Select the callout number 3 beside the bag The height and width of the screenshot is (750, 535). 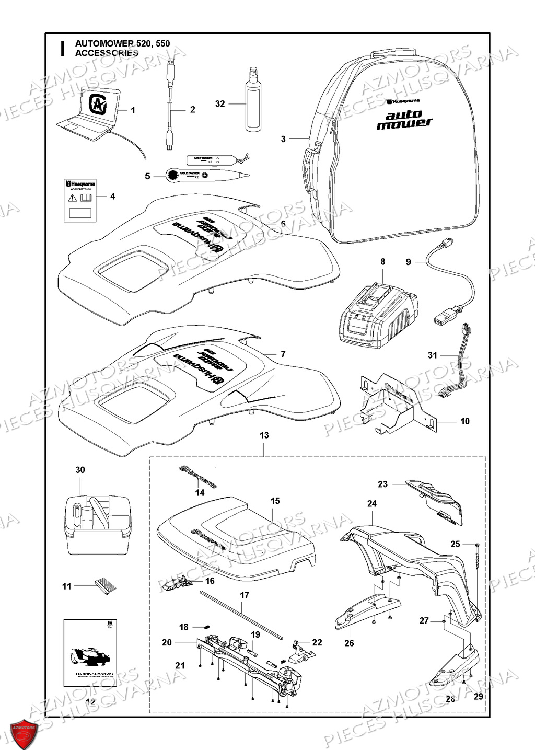pyautogui.click(x=283, y=139)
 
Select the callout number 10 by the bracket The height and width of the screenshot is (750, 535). pyautogui.click(x=464, y=421)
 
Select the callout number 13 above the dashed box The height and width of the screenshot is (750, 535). pyautogui.click(x=264, y=435)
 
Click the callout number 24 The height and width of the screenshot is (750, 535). pyautogui.click(x=371, y=504)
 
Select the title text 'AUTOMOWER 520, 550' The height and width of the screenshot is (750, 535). pyautogui.click(x=122, y=44)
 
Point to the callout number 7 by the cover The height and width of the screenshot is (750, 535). pyautogui.click(x=283, y=354)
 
